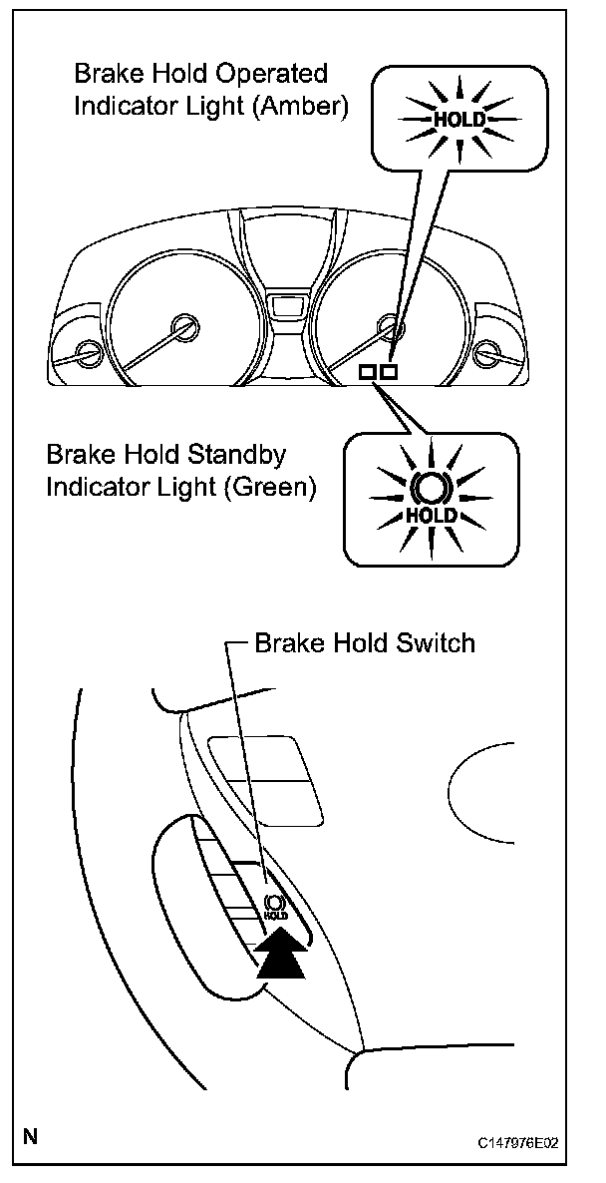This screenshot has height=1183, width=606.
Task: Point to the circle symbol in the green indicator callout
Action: click(433, 489)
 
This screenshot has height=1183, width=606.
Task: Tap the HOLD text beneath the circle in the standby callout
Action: click(433, 515)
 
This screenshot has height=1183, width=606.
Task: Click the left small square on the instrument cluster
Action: click(367, 372)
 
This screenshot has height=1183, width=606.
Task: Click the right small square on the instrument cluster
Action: click(389, 372)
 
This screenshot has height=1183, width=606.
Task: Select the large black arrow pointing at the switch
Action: click(282, 952)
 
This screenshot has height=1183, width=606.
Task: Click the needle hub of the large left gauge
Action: click(183, 326)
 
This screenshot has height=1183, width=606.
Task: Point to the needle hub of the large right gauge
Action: click(392, 326)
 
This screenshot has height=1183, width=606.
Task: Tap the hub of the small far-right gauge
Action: click(487, 352)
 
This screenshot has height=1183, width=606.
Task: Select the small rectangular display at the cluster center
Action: click(287, 303)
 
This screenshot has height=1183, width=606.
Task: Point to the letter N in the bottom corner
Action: click(31, 1137)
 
